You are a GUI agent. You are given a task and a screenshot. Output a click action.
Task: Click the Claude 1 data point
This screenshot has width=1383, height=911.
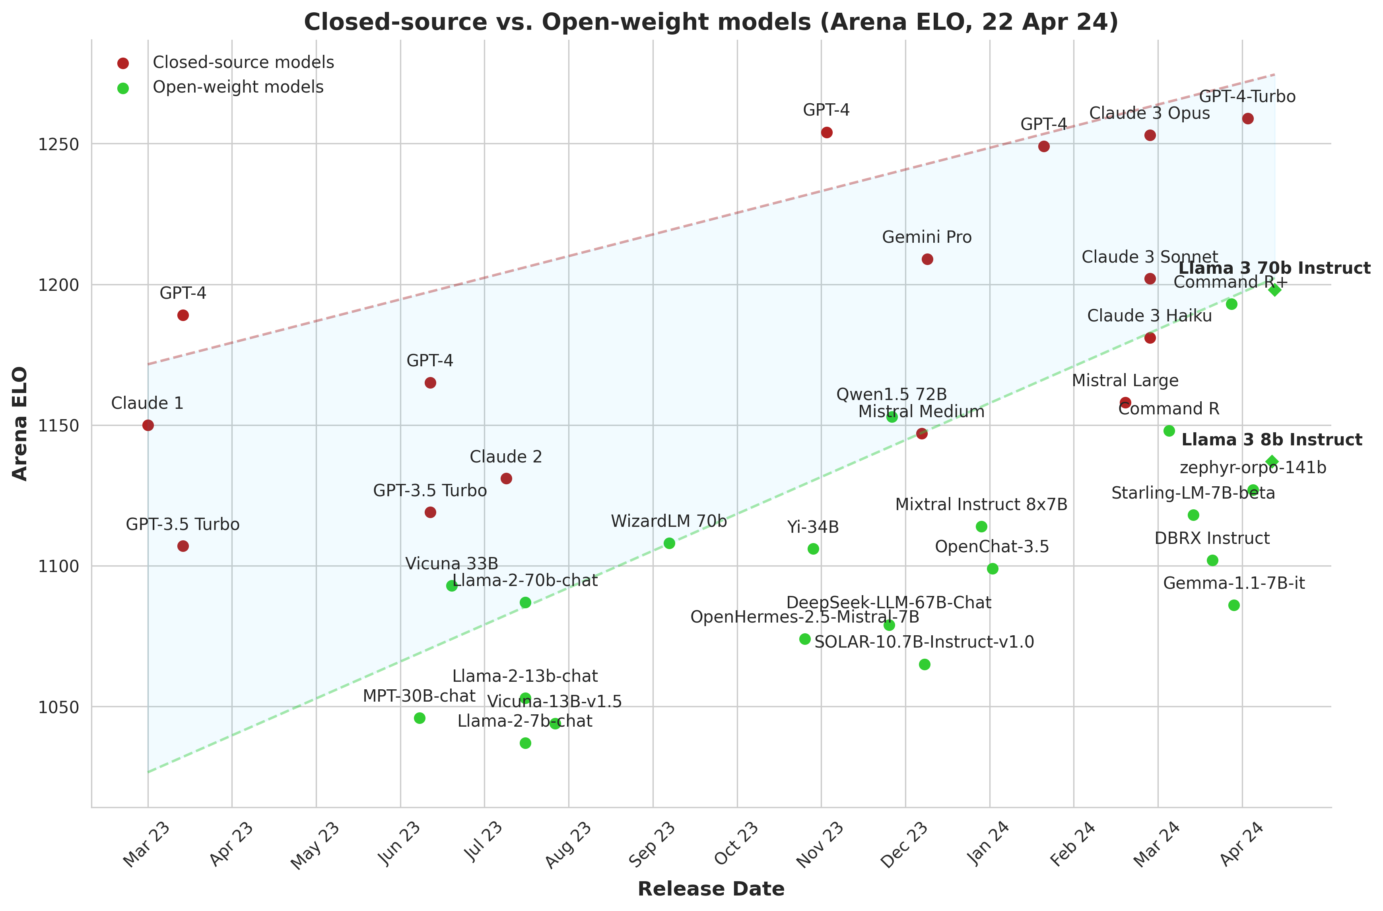[x=148, y=425]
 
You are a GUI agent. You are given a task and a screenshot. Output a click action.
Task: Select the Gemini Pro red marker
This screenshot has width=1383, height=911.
[x=927, y=259]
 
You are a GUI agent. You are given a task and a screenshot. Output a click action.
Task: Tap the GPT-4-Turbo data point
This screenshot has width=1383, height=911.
[x=1247, y=118]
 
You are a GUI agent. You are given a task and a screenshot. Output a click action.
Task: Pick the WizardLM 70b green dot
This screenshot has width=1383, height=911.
[x=669, y=543]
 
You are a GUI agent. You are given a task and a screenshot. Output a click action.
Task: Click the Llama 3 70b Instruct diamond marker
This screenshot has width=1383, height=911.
[x=1274, y=289]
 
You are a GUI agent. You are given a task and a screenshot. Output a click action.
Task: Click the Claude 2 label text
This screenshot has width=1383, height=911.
[x=506, y=457]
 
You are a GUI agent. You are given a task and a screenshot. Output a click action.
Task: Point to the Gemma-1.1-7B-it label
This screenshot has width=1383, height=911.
[x=1233, y=583]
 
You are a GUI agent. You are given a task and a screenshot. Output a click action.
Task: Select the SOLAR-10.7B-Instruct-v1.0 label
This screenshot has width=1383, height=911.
[x=925, y=642]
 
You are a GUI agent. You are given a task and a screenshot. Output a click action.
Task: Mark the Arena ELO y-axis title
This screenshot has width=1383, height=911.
[x=20, y=423]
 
